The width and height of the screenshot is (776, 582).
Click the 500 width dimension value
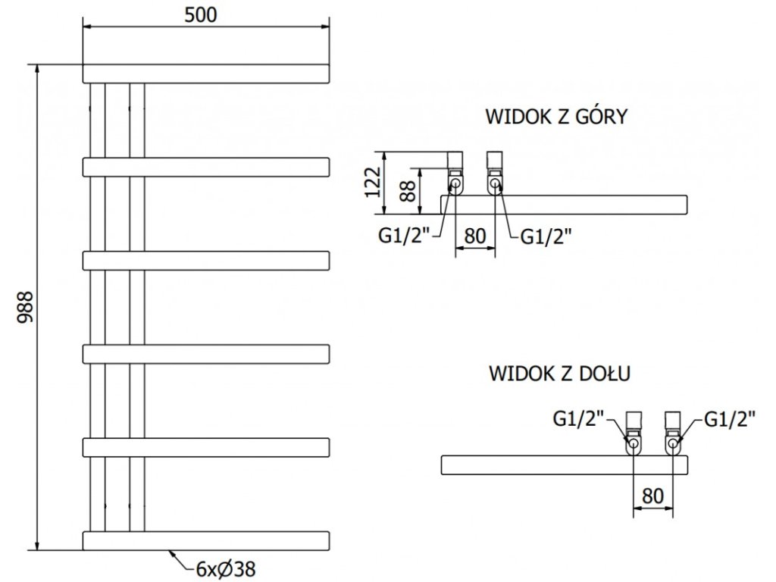click(200, 15)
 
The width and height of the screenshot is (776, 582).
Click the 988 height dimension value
click(25, 308)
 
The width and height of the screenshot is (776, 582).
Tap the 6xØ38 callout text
click(226, 569)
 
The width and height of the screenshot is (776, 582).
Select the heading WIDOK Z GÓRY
click(556, 117)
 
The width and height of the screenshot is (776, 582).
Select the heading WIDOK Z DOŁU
click(560, 373)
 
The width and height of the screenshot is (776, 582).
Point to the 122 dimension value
click(373, 182)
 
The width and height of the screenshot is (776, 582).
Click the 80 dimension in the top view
click(474, 236)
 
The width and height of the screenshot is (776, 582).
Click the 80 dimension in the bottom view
click(652, 495)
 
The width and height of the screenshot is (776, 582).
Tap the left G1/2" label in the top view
click(404, 236)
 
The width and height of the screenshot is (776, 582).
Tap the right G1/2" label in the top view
click(546, 236)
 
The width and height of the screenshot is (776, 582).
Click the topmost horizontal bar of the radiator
click(206, 74)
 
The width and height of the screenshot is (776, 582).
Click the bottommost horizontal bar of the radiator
click(206, 541)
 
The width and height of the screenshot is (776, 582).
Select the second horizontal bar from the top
click(206, 167)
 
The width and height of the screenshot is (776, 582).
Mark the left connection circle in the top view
click(455, 184)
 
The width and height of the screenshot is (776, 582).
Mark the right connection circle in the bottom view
click(673, 443)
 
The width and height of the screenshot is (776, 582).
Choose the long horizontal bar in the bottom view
click(564, 465)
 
